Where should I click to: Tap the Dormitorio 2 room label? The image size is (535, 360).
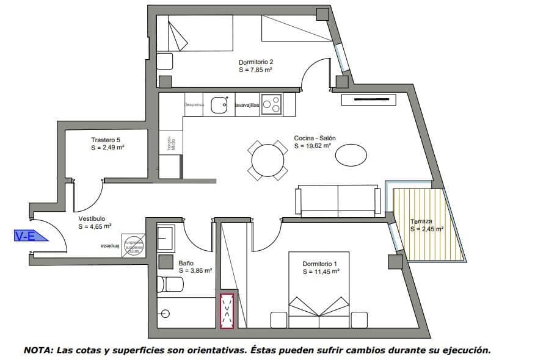click(x=255, y=62)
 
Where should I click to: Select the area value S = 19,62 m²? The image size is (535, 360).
click(x=312, y=146)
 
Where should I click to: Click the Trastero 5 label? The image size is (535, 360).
click(x=106, y=140)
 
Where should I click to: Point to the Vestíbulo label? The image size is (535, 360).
click(x=92, y=218)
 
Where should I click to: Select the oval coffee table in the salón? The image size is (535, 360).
click(x=351, y=154)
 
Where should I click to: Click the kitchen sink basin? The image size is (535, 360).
click(x=219, y=106)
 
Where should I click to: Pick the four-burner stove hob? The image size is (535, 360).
click(x=271, y=104)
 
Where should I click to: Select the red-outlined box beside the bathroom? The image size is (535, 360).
click(x=227, y=311)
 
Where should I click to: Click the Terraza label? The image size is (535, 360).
click(x=421, y=221)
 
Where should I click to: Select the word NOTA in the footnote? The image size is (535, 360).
click(x=37, y=350)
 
